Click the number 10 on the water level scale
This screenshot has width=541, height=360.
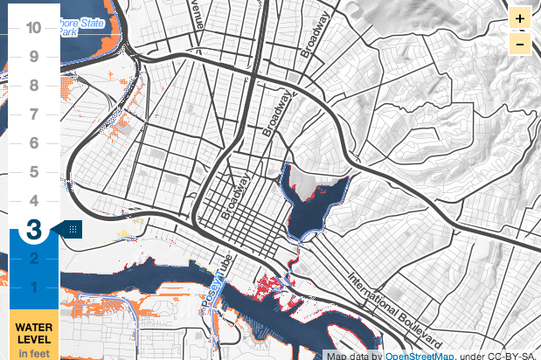click(x=33, y=27)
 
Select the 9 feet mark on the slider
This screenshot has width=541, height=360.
click(x=33, y=57)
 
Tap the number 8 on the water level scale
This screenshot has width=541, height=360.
click(x=33, y=86)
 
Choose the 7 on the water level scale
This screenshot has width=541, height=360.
click(x=33, y=114)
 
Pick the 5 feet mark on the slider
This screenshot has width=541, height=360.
click(x=33, y=172)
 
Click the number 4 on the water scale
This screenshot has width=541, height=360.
click(x=33, y=201)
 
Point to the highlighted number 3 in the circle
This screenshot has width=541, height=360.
click(x=33, y=230)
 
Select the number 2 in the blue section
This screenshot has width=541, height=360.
click(x=33, y=259)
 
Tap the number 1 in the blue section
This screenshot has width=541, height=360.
click(x=33, y=287)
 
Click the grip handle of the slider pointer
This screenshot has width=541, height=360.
click(x=73, y=230)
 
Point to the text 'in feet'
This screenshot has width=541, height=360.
click(x=34, y=352)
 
